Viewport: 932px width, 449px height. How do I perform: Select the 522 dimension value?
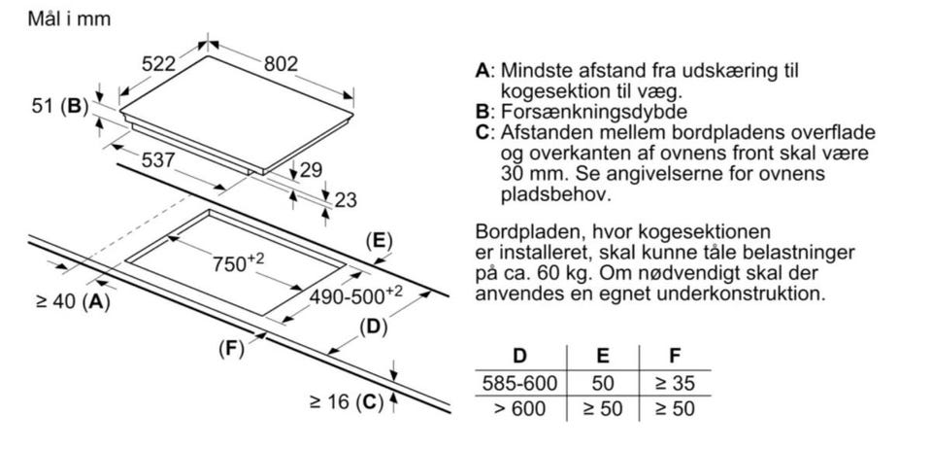pos(158,64)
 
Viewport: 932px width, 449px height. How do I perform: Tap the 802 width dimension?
pos(282,63)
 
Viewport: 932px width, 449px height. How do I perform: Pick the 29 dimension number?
pos(310,171)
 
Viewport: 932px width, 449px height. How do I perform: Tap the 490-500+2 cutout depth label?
pos(355,294)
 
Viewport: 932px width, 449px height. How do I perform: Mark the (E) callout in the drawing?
pos(378,241)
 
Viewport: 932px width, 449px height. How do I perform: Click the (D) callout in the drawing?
pos(374,327)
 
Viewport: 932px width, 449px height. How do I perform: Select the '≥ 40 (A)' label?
pos(72,302)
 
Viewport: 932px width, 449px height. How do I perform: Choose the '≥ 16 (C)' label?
pos(347,401)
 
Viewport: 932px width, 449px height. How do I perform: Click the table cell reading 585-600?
pos(519,384)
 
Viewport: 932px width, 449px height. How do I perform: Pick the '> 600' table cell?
pos(519,408)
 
